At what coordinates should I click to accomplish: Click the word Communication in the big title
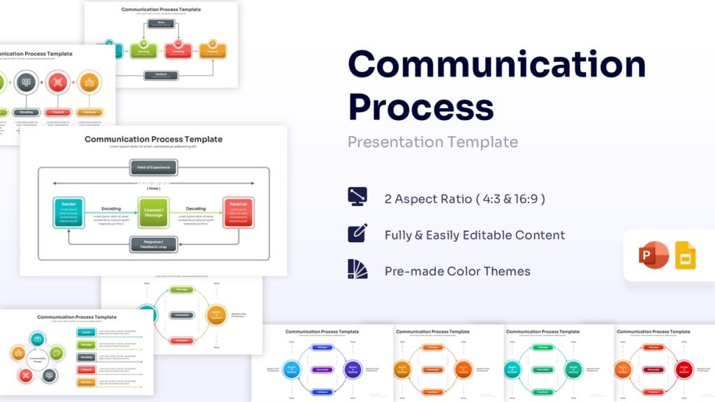(x=496, y=65)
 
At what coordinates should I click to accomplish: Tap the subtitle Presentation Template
(x=433, y=142)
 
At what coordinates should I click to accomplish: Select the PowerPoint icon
(x=654, y=255)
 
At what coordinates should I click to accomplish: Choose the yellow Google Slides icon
(x=685, y=255)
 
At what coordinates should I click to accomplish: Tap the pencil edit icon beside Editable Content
(x=357, y=233)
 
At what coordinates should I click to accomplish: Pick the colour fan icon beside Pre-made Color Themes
(x=357, y=269)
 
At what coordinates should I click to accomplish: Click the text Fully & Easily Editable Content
(x=475, y=235)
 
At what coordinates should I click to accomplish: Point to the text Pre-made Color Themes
(x=457, y=271)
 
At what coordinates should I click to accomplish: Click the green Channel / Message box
(x=153, y=212)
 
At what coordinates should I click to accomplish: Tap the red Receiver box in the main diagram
(x=238, y=212)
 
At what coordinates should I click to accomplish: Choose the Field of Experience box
(x=154, y=167)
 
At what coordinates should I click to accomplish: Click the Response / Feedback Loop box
(x=154, y=244)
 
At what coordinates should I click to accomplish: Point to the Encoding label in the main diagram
(x=110, y=209)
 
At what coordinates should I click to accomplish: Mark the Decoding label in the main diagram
(x=196, y=209)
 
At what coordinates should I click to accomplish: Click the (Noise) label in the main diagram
(x=154, y=188)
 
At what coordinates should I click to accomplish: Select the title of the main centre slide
(x=154, y=140)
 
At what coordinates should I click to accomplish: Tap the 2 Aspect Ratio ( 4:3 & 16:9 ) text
(x=464, y=199)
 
